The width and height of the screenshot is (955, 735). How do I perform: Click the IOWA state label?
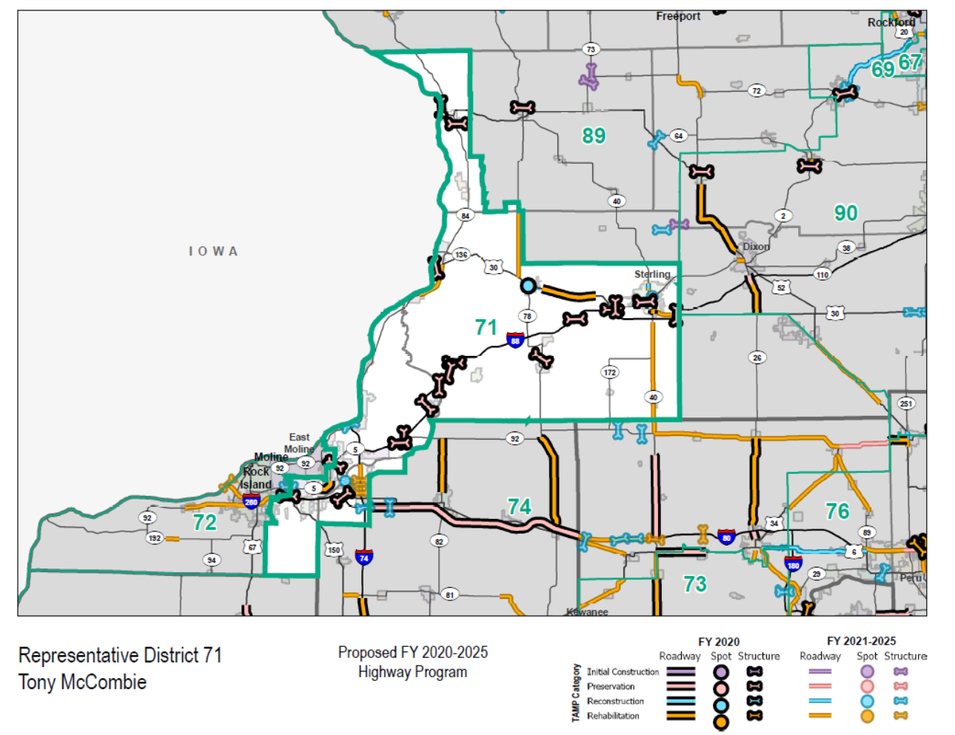pyautogui.click(x=213, y=252)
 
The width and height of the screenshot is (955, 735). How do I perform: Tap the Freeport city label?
pyautogui.click(x=677, y=16)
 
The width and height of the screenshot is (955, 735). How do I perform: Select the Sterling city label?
pyautogui.click(x=651, y=275)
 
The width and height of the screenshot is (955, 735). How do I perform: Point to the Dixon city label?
pyautogui.click(x=756, y=246)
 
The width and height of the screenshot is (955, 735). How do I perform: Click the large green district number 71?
pyautogui.click(x=486, y=327)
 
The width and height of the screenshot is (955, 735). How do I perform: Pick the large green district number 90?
pyautogui.click(x=845, y=213)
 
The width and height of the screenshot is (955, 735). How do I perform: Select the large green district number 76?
pyautogui.click(x=837, y=511)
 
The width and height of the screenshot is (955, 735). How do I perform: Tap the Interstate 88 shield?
pyautogui.click(x=515, y=340)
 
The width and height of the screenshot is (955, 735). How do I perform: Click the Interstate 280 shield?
pyautogui.click(x=251, y=502)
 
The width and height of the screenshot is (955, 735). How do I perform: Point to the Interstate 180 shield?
pyautogui.click(x=793, y=564)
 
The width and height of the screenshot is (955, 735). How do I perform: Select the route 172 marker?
pyautogui.click(x=609, y=372)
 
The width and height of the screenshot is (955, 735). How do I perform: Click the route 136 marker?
pyautogui.click(x=461, y=255)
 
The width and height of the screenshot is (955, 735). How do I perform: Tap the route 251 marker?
pyautogui.click(x=906, y=403)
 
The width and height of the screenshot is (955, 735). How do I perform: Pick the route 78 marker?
pyautogui.click(x=527, y=316)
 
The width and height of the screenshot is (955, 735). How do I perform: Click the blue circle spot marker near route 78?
pyautogui.click(x=528, y=286)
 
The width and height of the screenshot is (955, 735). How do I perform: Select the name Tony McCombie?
pyautogui.click(x=82, y=682)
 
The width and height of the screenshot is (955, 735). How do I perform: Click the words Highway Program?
pyautogui.click(x=412, y=672)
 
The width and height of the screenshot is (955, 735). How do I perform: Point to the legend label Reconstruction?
pyautogui.click(x=615, y=701)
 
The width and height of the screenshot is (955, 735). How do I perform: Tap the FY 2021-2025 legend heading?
pyautogui.click(x=861, y=641)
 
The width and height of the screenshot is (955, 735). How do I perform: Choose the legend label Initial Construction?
pyautogui.click(x=623, y=672)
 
